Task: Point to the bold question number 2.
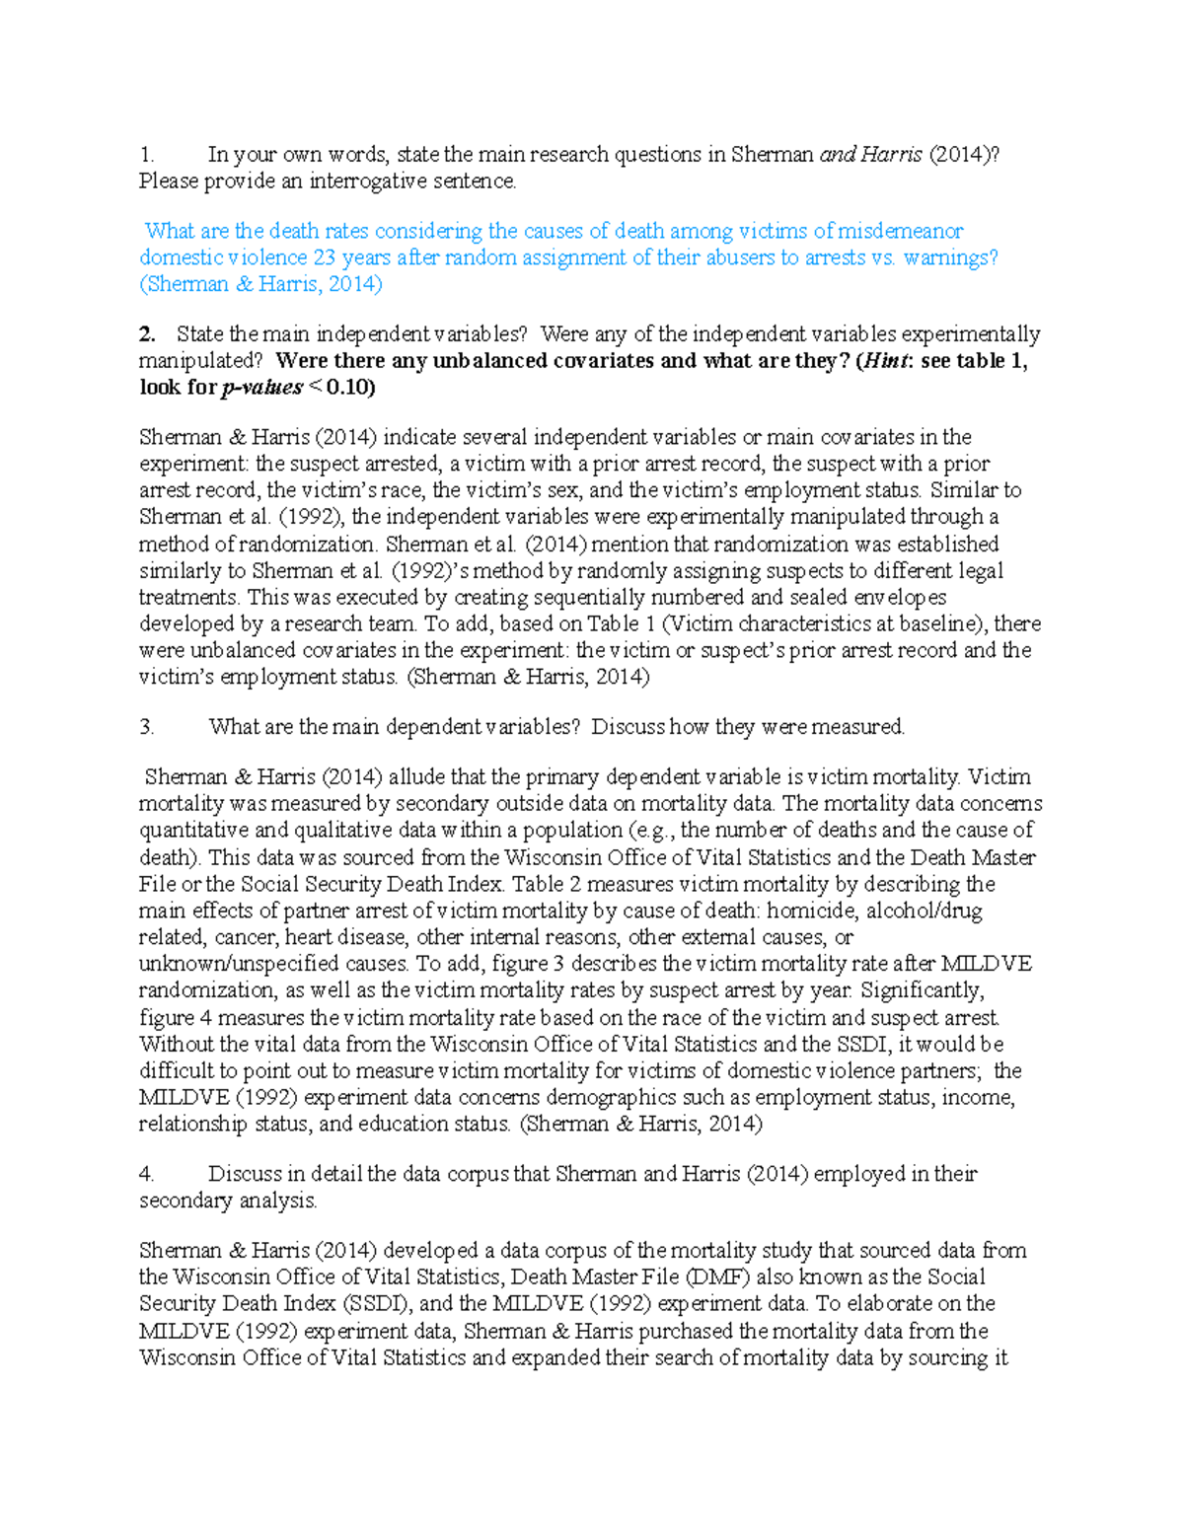tap(147, 334)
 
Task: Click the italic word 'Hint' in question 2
tap(883, 361)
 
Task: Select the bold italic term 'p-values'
tap(261, 388)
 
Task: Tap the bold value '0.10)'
tap(350, 388)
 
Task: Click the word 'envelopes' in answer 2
tap(900, 597)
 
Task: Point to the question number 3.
tap(147, 727)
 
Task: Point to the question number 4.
tap(147, 1174)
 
